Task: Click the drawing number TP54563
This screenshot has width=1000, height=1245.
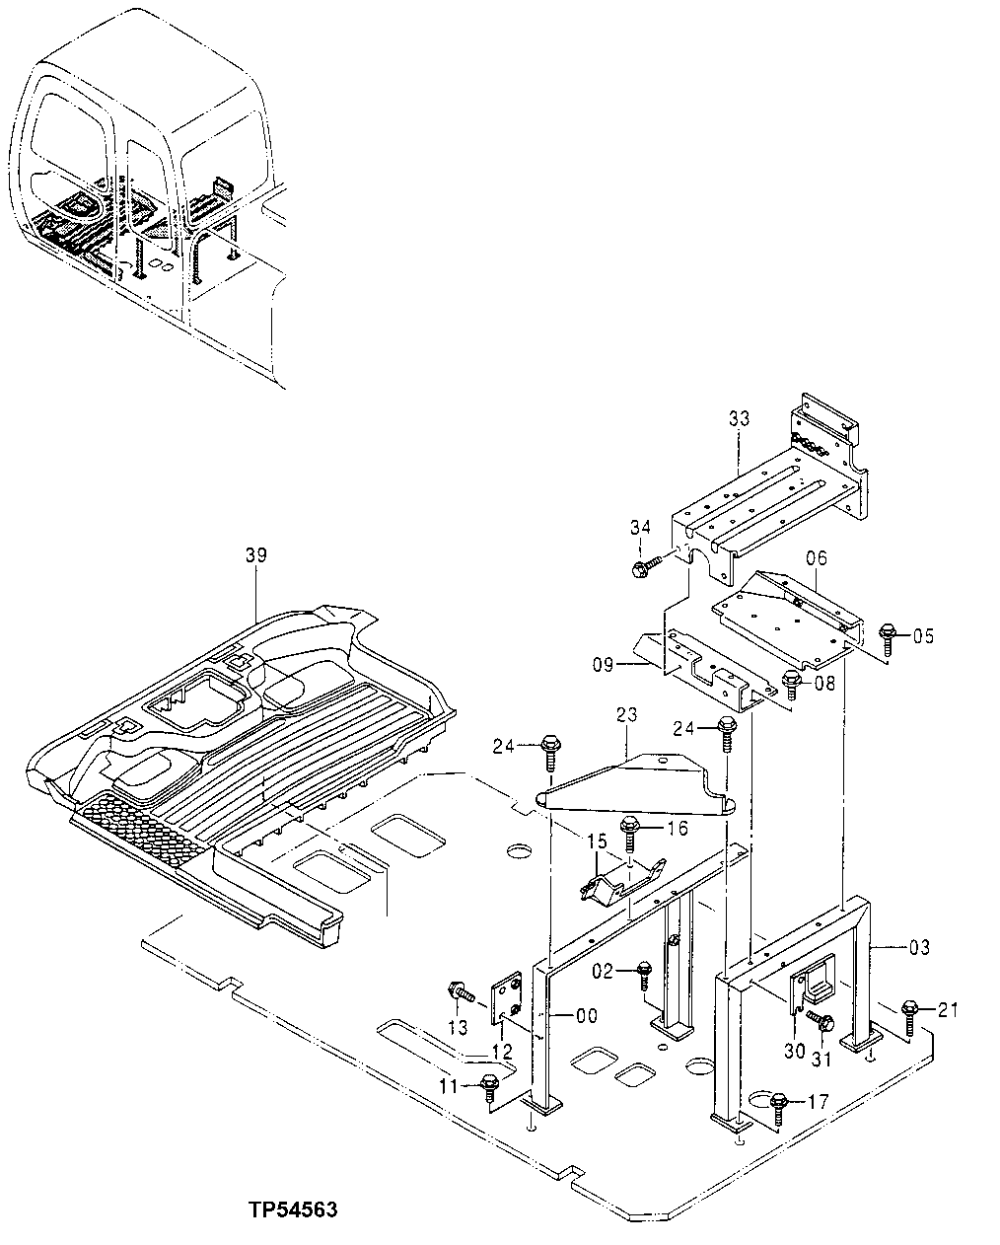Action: (294, 1209)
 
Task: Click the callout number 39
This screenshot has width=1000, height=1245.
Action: (255, 555)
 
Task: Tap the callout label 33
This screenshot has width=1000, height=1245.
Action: (740, 419)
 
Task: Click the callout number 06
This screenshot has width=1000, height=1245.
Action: (816, 558)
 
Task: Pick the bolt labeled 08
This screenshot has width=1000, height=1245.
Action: (791, 681)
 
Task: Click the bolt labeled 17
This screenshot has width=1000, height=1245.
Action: (778, 1104)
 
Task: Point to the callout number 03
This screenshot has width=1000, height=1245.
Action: (918, 949)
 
